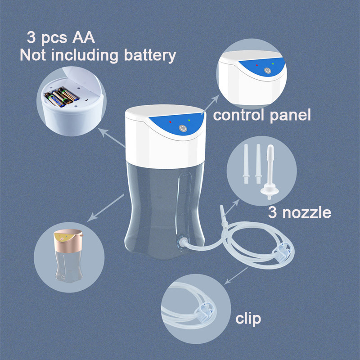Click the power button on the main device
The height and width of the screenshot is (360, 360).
click(183, 128)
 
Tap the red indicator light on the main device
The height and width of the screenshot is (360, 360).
click(170, 122)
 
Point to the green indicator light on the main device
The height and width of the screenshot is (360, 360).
click(189, 120)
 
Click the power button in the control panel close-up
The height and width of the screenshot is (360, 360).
click(267, 70)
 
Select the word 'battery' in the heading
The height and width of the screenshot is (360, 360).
click(150, 55)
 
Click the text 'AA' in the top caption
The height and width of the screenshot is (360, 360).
click(83, 37)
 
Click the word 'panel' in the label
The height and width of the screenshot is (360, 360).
click(290, 116)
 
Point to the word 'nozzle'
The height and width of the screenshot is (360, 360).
click(307, 213)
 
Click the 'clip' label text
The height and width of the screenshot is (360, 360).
click(248, 319)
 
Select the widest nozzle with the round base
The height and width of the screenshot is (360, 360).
click(270, 172)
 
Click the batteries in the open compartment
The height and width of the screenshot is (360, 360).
click(62, 97)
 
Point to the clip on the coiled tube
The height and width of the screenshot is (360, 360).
click(282, 252)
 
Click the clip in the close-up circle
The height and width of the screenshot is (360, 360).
click(205, 312)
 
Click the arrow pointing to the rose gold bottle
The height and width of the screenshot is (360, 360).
click(106, 208)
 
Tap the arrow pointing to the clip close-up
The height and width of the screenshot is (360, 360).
click(235, 276)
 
